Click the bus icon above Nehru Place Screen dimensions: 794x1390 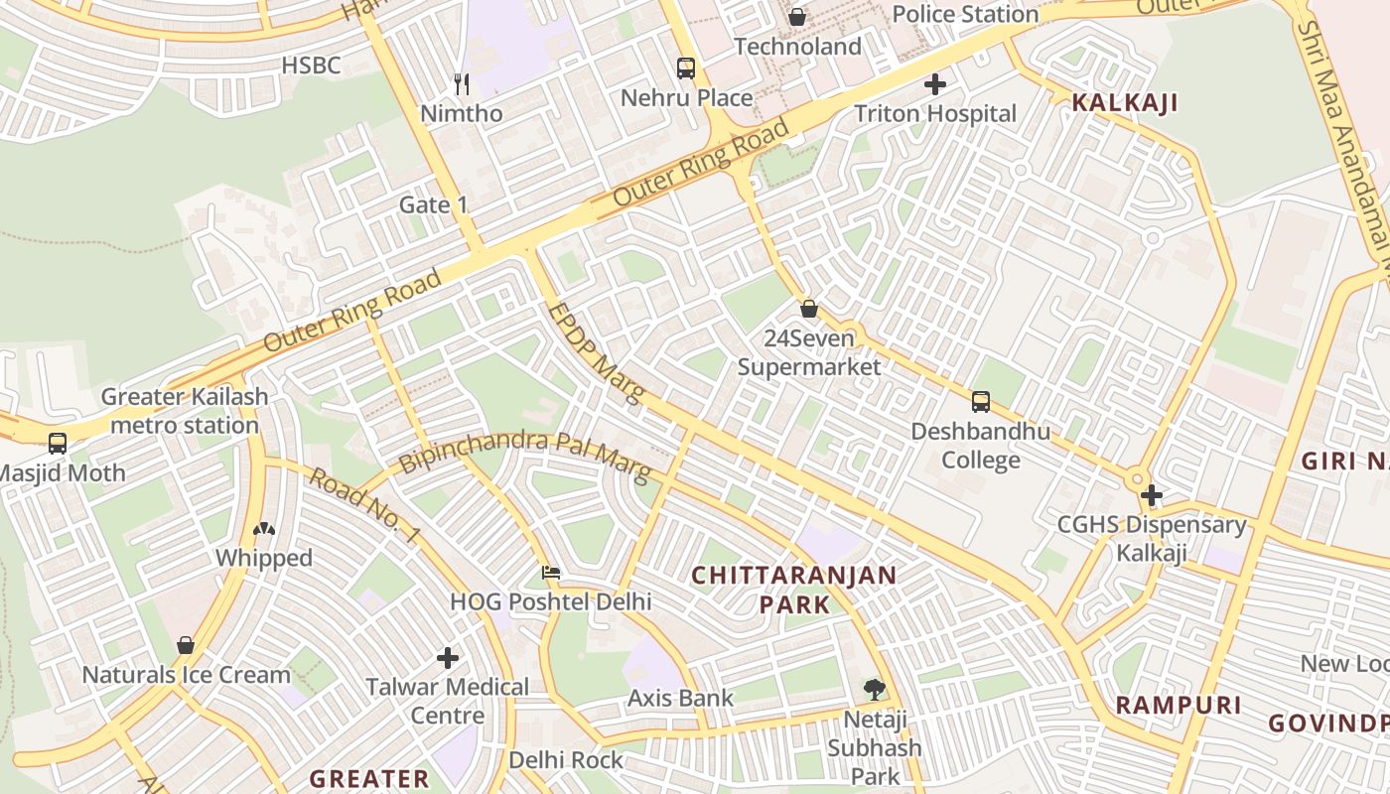[686, 68]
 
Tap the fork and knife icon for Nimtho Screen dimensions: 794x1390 [461, 84]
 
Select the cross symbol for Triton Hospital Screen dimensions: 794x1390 [934, 84]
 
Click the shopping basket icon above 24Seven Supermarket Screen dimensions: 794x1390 [809, 309]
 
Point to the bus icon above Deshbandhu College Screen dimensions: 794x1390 [981, 402]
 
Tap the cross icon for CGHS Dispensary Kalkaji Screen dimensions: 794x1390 [1152, 494]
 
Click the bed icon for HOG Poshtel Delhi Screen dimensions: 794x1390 [551, 573]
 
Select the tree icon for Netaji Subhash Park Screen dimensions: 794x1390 [874, 688]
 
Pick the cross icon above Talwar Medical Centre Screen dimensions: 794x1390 [448, 657]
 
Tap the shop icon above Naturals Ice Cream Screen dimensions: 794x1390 [186, 645]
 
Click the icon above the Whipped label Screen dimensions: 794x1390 [264, 529]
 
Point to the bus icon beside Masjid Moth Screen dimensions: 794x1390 [58, 444]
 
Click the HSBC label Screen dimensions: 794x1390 [311, 66]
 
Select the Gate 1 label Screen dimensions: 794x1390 [433, 204]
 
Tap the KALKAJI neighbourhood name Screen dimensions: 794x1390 [1125, 102]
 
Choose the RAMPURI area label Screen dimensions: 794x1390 [1179, 705]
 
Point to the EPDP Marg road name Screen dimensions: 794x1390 [595, 352]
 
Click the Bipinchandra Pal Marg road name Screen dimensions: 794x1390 [524, 455]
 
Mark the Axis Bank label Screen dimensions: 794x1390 [680, 698]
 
